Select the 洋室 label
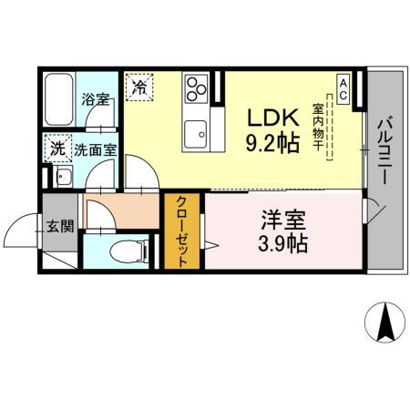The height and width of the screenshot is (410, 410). point(283,220)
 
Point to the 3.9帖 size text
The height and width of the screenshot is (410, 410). point(283,243)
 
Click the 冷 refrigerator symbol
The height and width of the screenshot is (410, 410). point(139,87)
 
